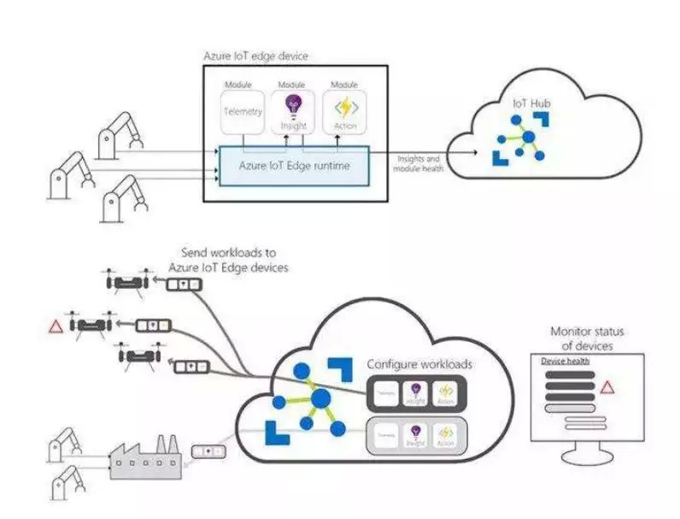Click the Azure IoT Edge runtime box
pos(294,164)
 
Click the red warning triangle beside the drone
pos(56,326)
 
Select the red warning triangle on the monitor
pos(607,387)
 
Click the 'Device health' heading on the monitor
pos(566,362)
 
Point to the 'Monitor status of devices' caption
pos(587,339)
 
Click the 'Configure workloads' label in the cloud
pos(419,364)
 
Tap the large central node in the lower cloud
pos(321,398)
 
